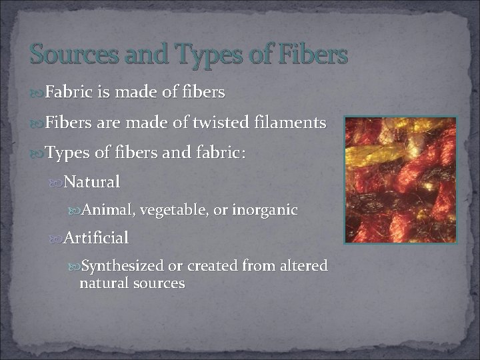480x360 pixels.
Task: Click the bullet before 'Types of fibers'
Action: click(37, 153)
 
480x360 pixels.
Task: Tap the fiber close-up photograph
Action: click(400, 179)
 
